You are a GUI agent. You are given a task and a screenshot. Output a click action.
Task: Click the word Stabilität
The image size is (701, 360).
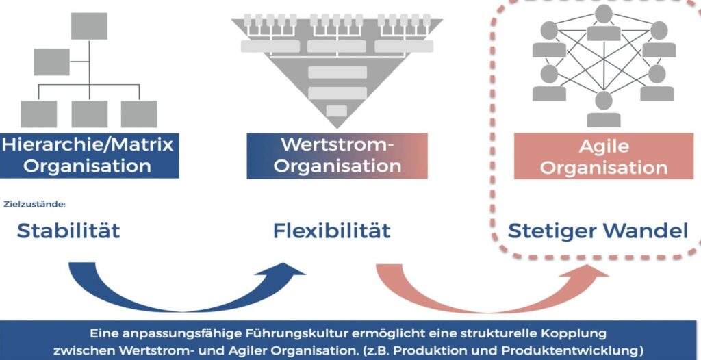68,231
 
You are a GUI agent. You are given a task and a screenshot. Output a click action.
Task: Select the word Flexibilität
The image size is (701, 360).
331,231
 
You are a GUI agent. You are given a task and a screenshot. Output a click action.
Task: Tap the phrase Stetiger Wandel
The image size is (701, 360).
598,231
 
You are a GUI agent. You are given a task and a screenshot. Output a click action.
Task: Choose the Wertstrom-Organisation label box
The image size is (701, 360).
337,155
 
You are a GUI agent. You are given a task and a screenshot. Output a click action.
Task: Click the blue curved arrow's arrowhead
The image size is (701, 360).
293,270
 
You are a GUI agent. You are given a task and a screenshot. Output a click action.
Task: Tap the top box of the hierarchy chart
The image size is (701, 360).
89,26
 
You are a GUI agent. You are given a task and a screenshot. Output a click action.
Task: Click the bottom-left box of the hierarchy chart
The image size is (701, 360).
38,114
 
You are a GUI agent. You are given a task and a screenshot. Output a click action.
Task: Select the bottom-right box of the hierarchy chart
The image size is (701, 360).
139,114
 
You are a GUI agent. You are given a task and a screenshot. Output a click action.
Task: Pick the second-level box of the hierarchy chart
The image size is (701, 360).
52,62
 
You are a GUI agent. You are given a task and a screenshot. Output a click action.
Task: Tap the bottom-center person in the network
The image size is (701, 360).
603,110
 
